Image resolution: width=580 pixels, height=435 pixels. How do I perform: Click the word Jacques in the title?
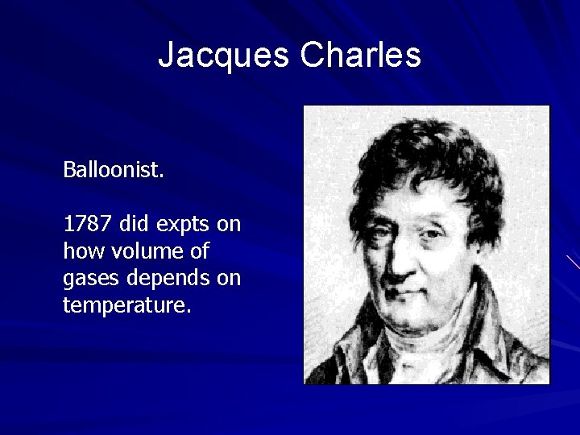click(223, 56)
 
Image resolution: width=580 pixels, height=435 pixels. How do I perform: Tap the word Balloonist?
click(114, 170)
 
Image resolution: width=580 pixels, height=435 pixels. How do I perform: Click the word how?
click(80, 251)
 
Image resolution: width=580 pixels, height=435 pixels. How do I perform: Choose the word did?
click(133, 223)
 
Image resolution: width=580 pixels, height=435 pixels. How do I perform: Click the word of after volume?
click(199, 251)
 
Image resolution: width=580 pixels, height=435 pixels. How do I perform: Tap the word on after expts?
click(229, 225)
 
